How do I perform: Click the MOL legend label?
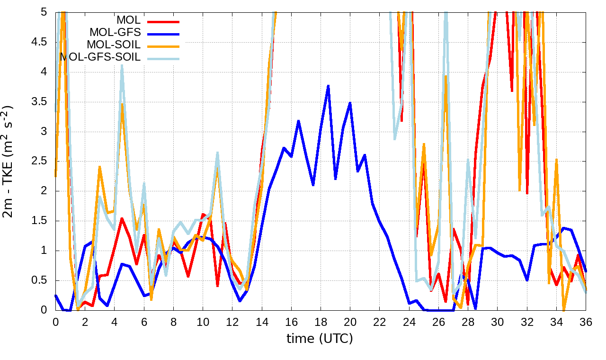(x=128, y=20)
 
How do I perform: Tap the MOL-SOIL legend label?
(x=113, y=45)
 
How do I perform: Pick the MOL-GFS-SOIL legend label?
(x=100, y=57)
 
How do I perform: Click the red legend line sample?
(x=163, y=21)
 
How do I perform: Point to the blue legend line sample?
(x=163, y=34)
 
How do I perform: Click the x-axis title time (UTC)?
(x=320, y=339)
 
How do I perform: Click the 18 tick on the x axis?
(x=321, y=321)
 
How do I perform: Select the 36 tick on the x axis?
(x=586, y=321)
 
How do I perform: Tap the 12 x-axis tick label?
(x=232, y=321)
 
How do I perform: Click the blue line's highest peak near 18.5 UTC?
(x=328, y=86)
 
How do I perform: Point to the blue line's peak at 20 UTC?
(x=350, y=102)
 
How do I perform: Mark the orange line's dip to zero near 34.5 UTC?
(x=563, y=310)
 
